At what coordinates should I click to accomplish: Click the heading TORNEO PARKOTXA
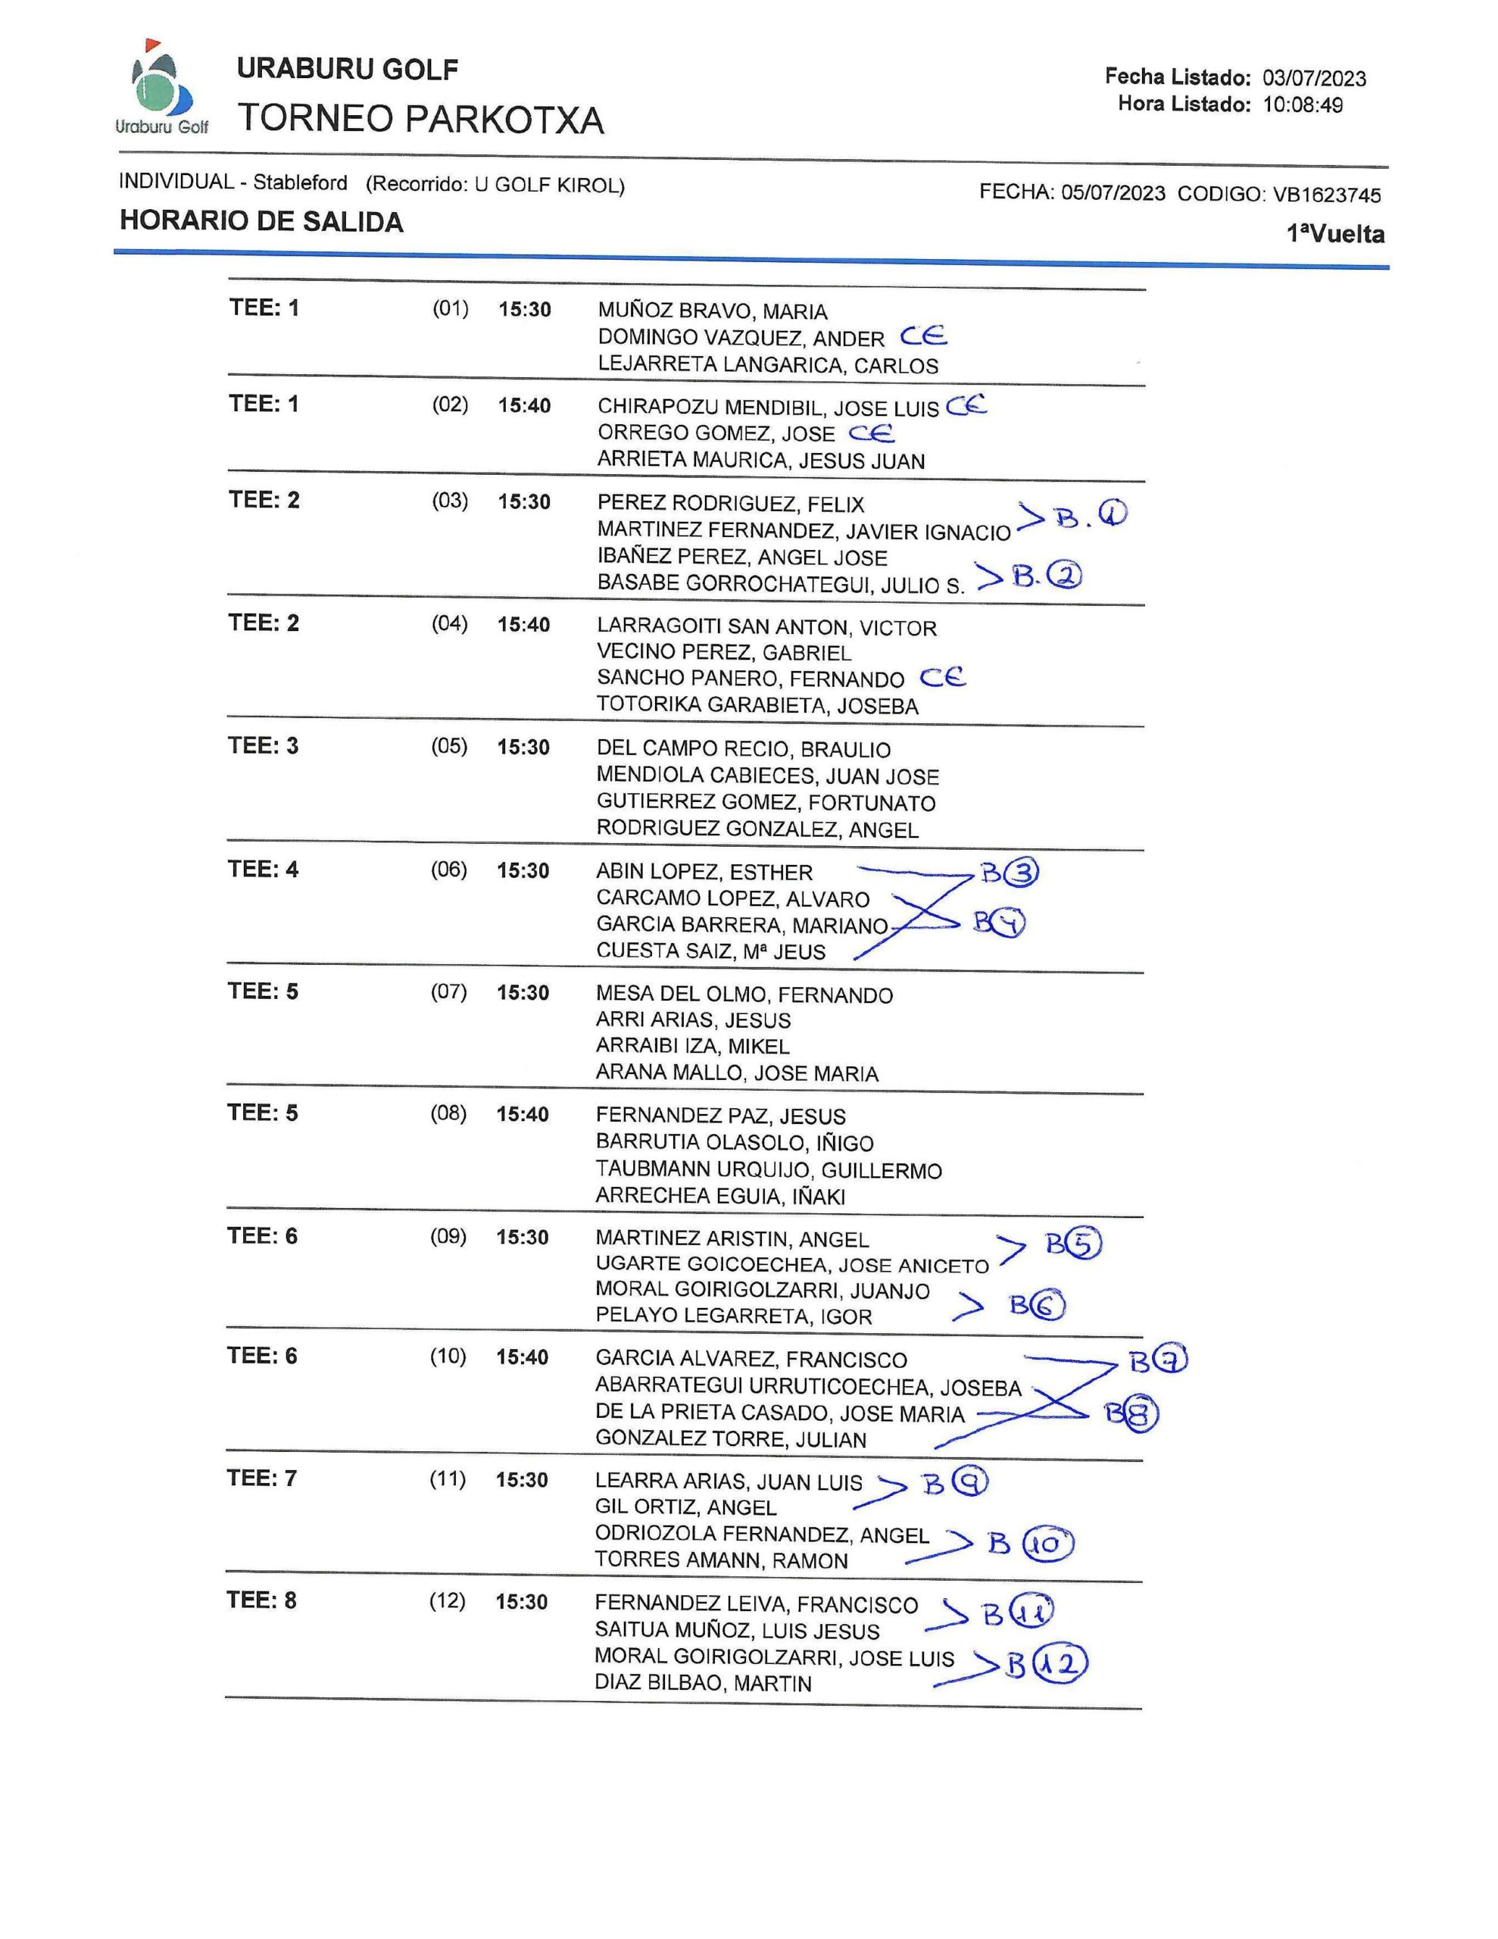[421, 120]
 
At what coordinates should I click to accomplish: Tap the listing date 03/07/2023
[1314, 78]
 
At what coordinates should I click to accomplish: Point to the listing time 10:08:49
[1303, 105]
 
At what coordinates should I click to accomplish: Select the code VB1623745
[1327, 195]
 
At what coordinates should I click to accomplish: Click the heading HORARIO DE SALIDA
[261, 221]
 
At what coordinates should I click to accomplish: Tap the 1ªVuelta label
[1334, 234]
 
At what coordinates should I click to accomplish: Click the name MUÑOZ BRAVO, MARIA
[712, 311]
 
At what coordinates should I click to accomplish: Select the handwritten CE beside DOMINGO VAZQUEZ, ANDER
[923, 336]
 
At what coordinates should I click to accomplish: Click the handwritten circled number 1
[1113, 514]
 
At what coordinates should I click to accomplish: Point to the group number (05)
[449, 746]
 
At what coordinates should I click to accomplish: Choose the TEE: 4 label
[263, 870]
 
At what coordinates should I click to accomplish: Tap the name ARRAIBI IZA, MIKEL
[693, 1046]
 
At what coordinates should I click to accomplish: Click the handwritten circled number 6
[1050, 1305]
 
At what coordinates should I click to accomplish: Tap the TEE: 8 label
[261, 1600]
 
